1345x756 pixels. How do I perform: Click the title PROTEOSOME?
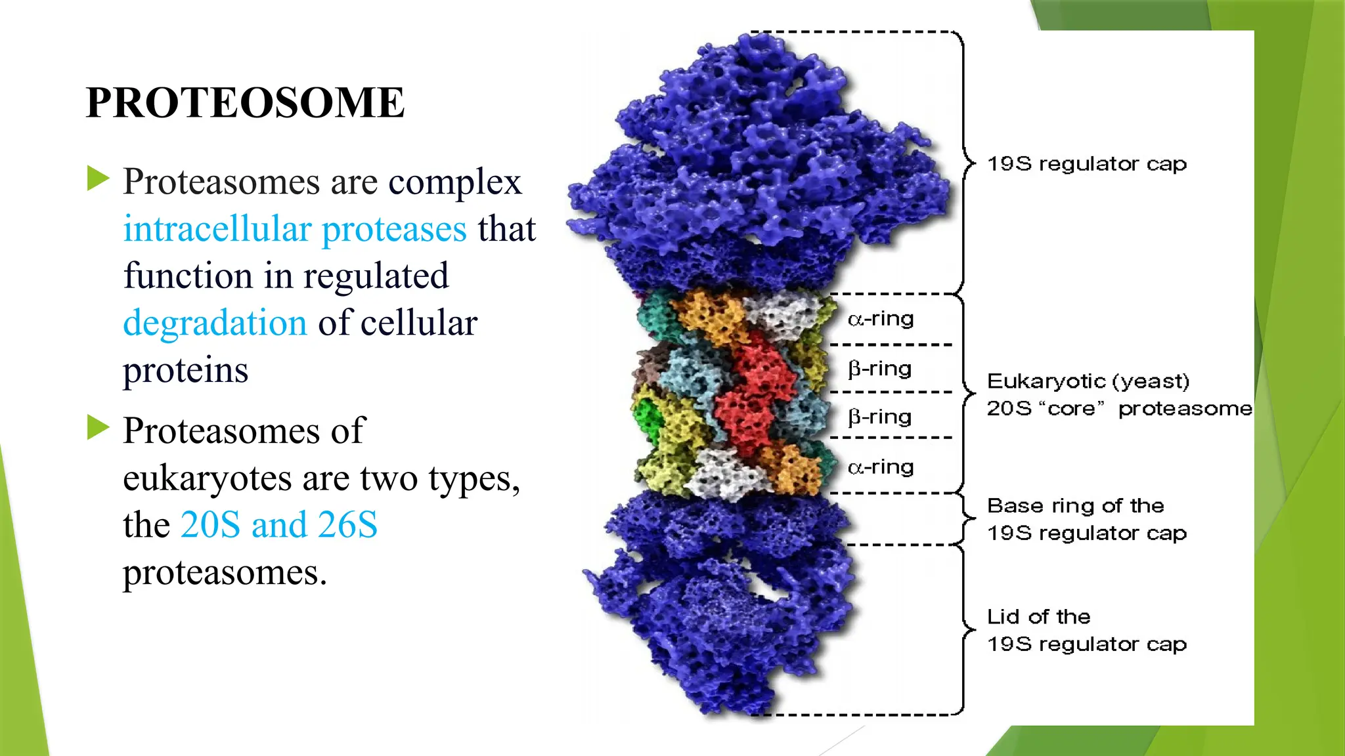(x=245, y=103)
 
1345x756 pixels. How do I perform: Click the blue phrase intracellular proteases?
(x=295, y=229)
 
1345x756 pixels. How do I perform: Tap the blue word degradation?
(x=215, y=323)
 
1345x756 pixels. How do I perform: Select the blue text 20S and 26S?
(x=279, y=525)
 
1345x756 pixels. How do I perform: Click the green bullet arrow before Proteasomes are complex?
(x=98, y=178)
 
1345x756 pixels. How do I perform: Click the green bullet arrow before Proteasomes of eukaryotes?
(x=98, y=428)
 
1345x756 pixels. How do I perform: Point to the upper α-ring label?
(x=881, y=319)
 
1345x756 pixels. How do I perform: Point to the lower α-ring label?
(x=881, y=467)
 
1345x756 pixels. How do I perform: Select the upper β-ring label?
(x=879, y=369)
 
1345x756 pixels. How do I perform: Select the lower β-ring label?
(x=879, y=417)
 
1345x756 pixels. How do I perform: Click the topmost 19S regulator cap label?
(x=1087, y=163)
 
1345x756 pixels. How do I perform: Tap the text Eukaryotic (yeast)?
(x=1088, y=381)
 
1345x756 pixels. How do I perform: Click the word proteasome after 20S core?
(x=1185, y=409)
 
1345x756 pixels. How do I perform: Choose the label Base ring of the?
(x=1075, y=506)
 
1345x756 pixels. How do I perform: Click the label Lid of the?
(x=1038, y=617)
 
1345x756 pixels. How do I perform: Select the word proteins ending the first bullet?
(x=185, y=371)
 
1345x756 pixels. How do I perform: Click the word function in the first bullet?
(x=188, y=276)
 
